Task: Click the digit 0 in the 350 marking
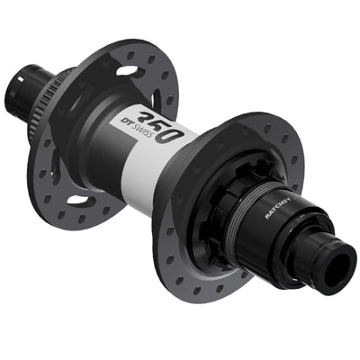click(x=176, y=135)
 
